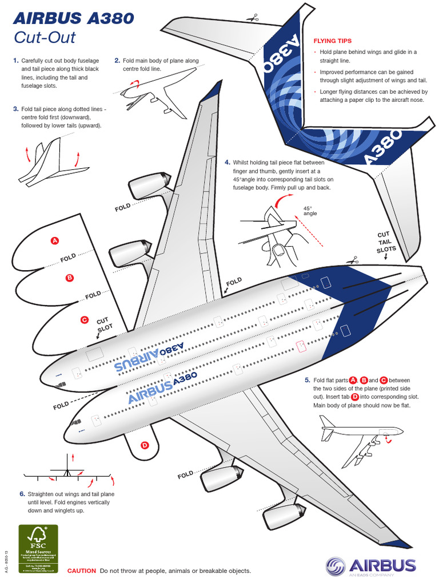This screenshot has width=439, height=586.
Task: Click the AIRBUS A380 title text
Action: coord(73,19)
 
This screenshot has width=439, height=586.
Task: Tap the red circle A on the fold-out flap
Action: coord(55,240)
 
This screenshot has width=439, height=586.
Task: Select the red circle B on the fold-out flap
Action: coord(70,278)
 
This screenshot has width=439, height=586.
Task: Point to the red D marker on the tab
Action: coord(145,445)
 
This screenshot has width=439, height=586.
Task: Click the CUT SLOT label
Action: coord(103,326)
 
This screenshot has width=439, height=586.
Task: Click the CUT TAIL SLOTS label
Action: coord(382,242)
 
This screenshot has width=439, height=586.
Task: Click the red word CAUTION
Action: coord(82,571)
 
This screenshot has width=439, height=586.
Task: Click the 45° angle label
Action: coord(310,211)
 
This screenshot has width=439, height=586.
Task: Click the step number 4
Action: coord(227,162)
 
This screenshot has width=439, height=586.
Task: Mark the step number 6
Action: coord(22,493)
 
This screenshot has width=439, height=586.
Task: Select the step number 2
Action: coord(117,60)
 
